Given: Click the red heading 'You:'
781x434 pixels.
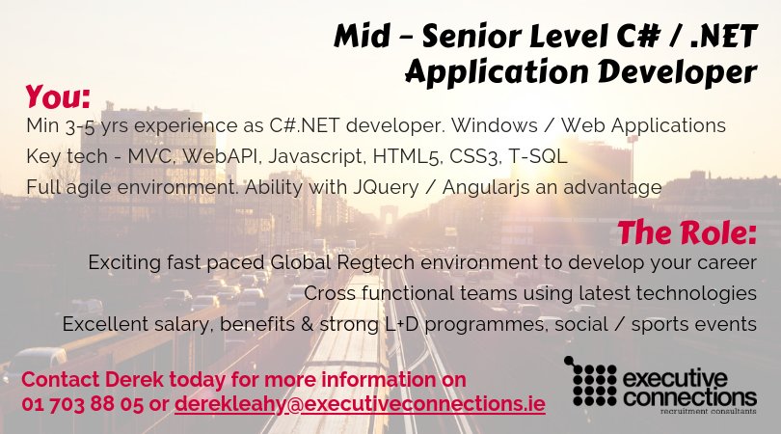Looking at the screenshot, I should coord(58,96).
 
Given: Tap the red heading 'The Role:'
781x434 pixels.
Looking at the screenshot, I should coord(687,232).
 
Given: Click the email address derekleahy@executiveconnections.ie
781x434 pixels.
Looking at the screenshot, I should coord(360,405).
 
